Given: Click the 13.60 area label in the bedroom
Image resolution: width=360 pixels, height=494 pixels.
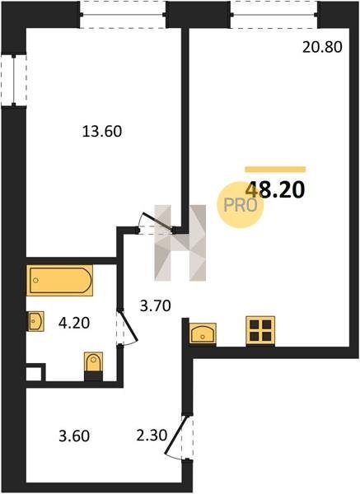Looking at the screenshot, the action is click(102, 132).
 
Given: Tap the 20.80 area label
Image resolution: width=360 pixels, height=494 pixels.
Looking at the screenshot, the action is click(322, 47).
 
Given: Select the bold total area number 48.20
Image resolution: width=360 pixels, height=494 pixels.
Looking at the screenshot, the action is click(275, 190).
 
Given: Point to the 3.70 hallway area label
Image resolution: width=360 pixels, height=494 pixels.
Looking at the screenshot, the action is click(156, 305).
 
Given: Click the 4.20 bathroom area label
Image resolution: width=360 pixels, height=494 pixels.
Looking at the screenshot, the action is click(74, 323).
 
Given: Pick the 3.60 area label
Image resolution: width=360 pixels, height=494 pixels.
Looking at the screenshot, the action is click(74, 436).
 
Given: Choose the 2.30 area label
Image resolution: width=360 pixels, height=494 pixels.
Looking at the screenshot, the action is click(152, 436).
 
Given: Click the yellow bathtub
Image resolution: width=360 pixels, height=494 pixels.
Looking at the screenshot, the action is click(59, 281).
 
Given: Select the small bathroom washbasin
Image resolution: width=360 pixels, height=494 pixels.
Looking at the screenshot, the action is click(35, 321).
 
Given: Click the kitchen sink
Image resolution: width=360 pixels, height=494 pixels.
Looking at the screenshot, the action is click(203, 333).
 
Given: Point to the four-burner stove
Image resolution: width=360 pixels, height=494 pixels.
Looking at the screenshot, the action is click(260, 330).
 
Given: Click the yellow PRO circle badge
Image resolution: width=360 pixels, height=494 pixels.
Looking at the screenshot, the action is click(240, 205).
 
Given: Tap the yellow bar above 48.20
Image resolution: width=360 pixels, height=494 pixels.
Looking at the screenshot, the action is click(275, 169).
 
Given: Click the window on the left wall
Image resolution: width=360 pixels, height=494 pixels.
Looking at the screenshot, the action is click(13, 80).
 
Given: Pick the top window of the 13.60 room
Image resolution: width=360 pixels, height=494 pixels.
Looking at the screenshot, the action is click(123, 15).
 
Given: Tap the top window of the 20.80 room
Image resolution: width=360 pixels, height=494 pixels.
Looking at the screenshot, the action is click(274, 15).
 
